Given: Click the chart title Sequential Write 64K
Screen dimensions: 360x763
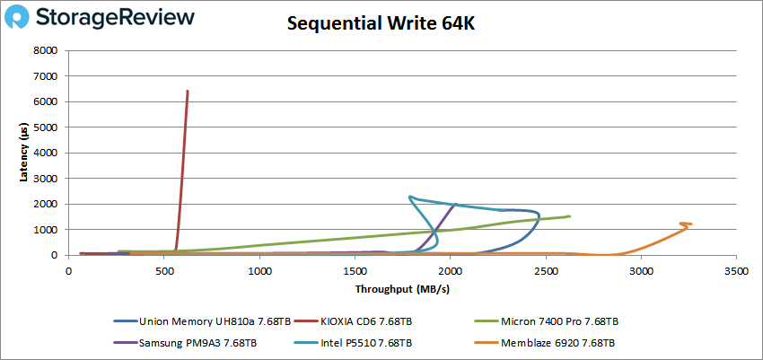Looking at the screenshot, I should click(381, 24).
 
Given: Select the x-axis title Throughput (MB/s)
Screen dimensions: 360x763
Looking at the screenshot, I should click(403, 289).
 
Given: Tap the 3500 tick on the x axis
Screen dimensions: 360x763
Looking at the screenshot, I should click(736, 270).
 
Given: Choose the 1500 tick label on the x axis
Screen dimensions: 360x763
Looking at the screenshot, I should click(355, 270).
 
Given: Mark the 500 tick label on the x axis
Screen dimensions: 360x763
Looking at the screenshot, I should click(164, 270).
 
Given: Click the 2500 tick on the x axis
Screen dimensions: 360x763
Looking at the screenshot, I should click(546, 270).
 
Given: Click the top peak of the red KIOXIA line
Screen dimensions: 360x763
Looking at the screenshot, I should click(187, 91).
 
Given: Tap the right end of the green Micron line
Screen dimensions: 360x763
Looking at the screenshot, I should click(569, 216).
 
